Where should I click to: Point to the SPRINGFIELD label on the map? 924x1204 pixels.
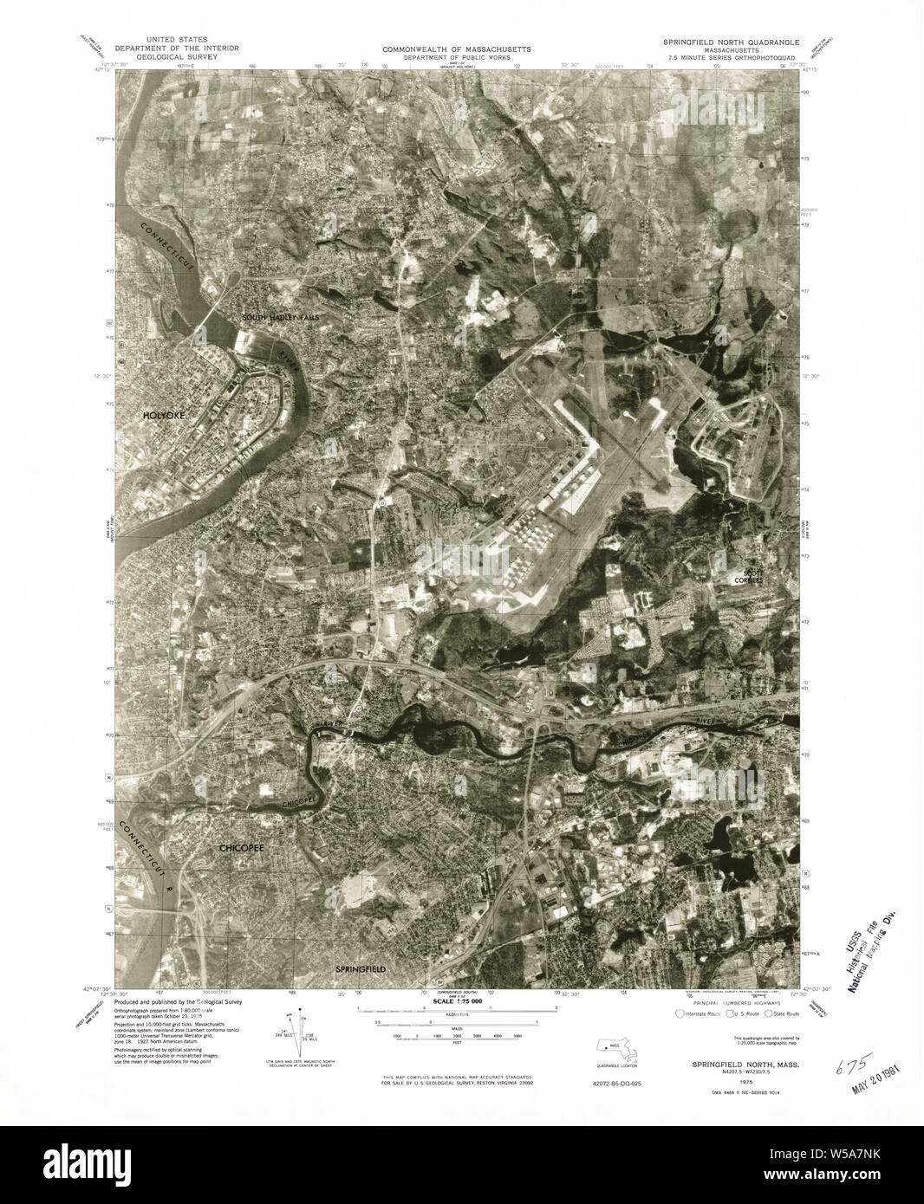coord(360,968)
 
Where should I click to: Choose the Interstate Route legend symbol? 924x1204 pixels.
coord(679,1013)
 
